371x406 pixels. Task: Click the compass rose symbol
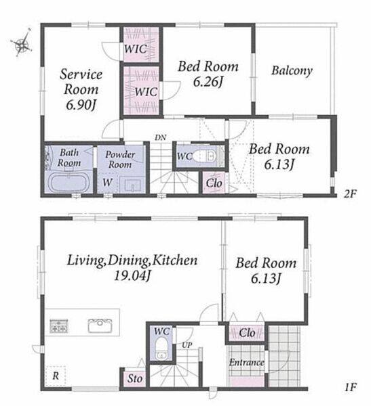[x=21, y=43]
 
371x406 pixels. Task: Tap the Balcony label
[x=292, y=70]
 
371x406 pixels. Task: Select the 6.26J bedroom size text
[x=208, y=82]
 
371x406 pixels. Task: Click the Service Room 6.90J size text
[x=81, y=105]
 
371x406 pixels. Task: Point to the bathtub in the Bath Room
[x=69, y=182]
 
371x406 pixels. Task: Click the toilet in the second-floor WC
[x=205, y=156]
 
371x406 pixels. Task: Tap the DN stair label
[x=161, y=137]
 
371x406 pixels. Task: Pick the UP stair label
[x=187, y=345]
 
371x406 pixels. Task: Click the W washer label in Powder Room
[x=107, y=183]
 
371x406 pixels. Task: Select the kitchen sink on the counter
[x=100, y=325]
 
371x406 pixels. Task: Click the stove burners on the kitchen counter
[x=59, y=326]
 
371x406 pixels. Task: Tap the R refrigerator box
[x=56, y=376]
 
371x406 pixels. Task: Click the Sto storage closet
[x=135, y=378]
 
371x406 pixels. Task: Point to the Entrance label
[x=246, y=362]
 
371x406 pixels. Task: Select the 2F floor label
[x=350, y=194]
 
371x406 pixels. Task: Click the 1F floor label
[x=350, y=388]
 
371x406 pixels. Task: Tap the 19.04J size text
[x=132, y=276]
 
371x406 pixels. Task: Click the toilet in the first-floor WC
[x=161, y=348]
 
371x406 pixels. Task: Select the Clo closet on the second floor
[x=214, y=183]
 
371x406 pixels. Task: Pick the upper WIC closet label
[x=135, y=49]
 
